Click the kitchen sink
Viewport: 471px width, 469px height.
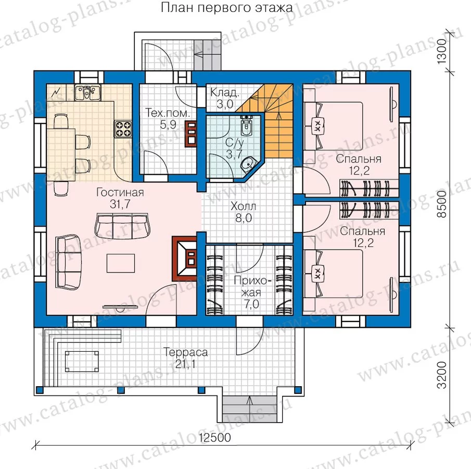pyautogui.click(x=87, y=92)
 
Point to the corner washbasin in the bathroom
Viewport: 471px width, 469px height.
pyautogui.click(x=248, y=164)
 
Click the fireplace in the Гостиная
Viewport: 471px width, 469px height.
pyautogui.click(x=184, y=258)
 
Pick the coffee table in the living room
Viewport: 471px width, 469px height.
pyautogui.click(x=121, y=263)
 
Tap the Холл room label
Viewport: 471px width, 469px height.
pyautogui.click(x=244, y=207)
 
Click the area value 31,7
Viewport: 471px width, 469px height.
pyautogui.click(x=120, y=204)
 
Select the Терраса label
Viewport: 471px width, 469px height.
pyautogui.click(x=185, y=352)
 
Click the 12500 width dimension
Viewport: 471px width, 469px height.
pyautogui.click(x=215, y=438)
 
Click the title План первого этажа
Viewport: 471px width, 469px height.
pyautogui.click(x=227, y=7)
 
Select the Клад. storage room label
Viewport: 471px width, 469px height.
pyautogui.click(x=225, y=92)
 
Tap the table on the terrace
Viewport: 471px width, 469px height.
pyautogui.click(x=82, y=361)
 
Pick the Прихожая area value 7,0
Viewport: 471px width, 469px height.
pyautogui.click(x=251, y=304)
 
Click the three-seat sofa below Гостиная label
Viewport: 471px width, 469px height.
pyautogui.click(x=122, y=225)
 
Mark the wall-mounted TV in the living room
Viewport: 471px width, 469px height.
pyautogui.click(x=120, y=307)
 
